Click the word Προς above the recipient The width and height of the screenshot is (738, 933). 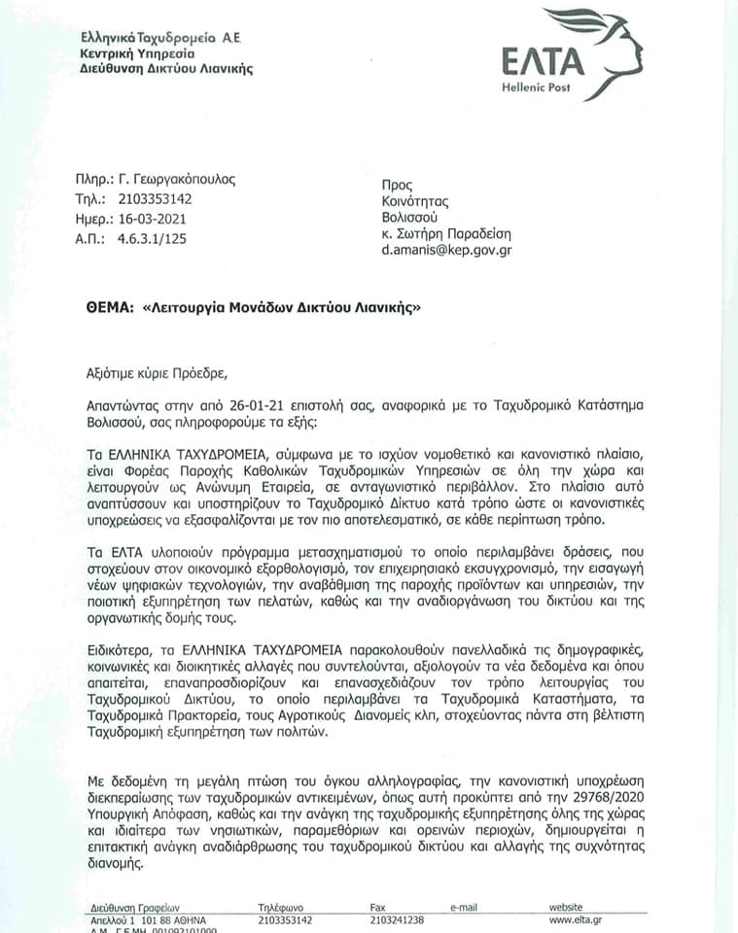tap(399, 185)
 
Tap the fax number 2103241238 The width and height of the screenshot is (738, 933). tap(397, 919)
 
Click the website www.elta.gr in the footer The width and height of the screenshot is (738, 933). tap(576, 919)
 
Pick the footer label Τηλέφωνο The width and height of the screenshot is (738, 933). tap(282, 907)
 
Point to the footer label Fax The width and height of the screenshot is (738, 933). tap(378, 907)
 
